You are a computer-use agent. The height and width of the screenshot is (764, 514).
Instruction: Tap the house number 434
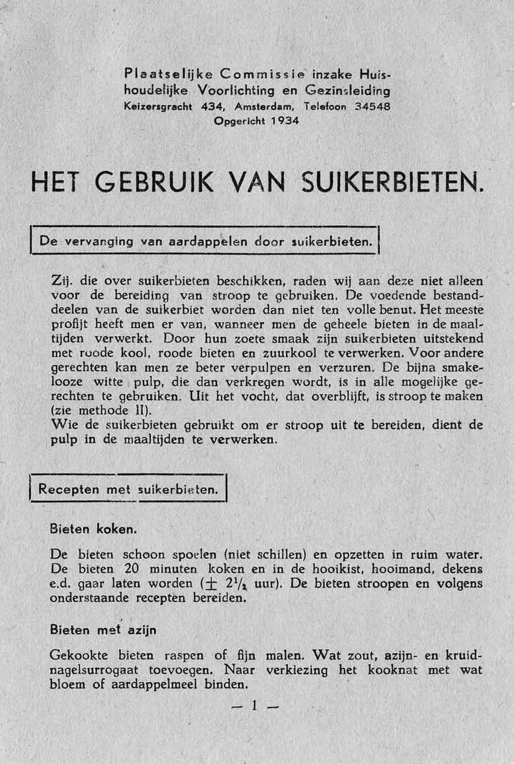coord(207,106)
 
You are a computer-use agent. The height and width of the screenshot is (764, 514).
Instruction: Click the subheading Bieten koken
coord(93,529)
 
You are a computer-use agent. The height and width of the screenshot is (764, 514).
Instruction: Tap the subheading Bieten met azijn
coord(103,630)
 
